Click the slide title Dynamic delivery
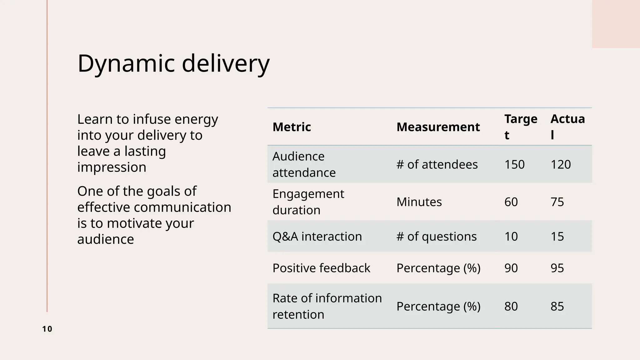point(173,63)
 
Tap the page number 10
point(47,329)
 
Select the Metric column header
point(292,127)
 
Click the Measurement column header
point(438,127)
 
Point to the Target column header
point(521,127)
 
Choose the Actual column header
point(567,127)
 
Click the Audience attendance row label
point(304,164)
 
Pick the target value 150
point(514,164)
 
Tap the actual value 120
point(561,164)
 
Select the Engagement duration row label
point(308,202)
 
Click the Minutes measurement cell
point(419,202)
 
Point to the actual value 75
point(557,202)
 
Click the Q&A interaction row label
point(317,236)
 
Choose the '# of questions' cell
point(437,236)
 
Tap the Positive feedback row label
point(321,268)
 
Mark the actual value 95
point(557,268)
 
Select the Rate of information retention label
point(327,306)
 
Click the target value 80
point(511,306)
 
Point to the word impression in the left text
point(112,167)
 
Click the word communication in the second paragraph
point(182,207)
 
